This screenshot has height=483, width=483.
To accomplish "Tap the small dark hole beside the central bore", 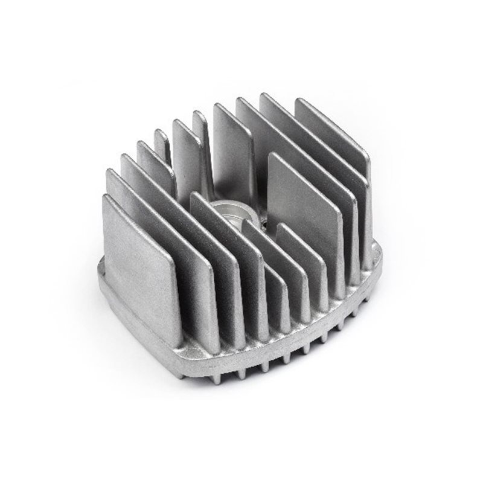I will click(264, 225).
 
